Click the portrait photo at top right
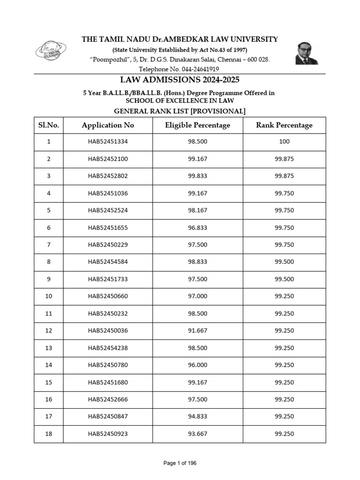point(306,52)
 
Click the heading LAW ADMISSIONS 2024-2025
point(180,80)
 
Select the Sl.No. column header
point(48,125)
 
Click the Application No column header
point(108,125)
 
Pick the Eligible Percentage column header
point(197,125)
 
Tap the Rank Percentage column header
point(284,125)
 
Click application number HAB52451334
point(108,142)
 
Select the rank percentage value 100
point(284,142)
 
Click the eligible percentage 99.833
point(197,176)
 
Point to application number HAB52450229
point(108,245)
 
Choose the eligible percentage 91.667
point(197,331)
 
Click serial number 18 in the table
point(48,434)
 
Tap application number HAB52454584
point(108,262)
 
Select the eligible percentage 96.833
point(197,228)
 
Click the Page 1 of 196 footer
point(180,463)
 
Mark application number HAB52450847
point(108,417)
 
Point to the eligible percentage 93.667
point(197,434)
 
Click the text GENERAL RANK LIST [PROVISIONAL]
point(180,111)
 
